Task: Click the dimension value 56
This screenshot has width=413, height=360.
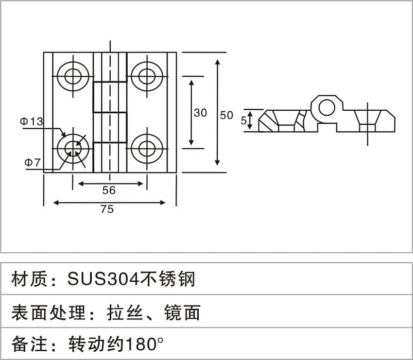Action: coord(109,190)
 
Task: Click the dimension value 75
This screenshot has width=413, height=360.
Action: coord(107,209)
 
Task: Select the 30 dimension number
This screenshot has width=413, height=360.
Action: coord(200,113)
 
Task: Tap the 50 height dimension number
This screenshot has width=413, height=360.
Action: coord(226,115)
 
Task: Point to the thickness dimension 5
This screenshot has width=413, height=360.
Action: coord(243,120)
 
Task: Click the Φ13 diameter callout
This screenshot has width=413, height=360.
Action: coord(32,121)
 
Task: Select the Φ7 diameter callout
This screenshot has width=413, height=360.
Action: coord(33,162)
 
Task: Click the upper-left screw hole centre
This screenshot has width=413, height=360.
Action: coord(73,76)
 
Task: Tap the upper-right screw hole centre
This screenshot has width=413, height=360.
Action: coord(147,76)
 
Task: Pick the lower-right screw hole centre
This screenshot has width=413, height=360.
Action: coord(147,149)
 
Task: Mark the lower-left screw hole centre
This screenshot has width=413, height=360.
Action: coord(73,149)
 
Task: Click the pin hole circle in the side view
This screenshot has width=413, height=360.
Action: coord(327,108)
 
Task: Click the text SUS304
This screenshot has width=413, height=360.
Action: coord(103,279)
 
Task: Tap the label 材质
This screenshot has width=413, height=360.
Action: coord(29,279)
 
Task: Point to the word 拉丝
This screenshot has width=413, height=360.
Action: coord(125,312)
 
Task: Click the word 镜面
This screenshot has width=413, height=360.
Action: coord(182,312)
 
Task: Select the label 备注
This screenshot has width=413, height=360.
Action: coord(29,344)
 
